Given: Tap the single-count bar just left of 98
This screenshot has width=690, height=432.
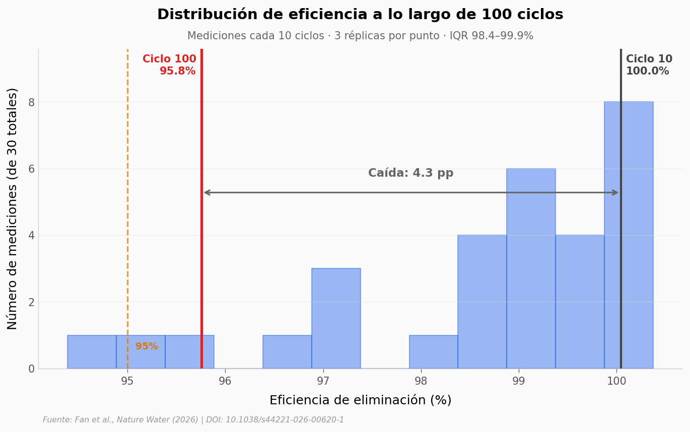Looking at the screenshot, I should click(433, 352).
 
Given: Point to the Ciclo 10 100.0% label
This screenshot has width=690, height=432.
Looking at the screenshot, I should click(649, 65).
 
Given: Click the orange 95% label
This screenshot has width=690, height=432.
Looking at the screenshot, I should click(147, 346).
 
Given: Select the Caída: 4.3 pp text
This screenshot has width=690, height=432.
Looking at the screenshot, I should click(410, 173).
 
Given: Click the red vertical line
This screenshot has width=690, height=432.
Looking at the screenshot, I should click(201, 227).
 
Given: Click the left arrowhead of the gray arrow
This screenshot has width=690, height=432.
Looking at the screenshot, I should click(206, 192).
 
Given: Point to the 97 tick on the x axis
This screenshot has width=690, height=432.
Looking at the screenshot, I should click(323, 381).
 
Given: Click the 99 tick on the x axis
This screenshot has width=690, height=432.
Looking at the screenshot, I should click(519, 381).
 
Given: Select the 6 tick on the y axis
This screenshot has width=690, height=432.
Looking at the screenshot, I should click(31, 169).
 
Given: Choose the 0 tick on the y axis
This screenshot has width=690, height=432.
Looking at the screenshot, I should click(31, 369).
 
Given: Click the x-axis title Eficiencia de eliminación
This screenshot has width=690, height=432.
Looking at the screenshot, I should click(360, 400).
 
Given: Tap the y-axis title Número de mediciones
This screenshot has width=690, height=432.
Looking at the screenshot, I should click(13, 208).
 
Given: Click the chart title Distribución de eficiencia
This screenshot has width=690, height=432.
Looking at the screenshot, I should click(360, 15).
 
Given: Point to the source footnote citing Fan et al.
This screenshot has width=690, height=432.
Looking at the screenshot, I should click(193, 420).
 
